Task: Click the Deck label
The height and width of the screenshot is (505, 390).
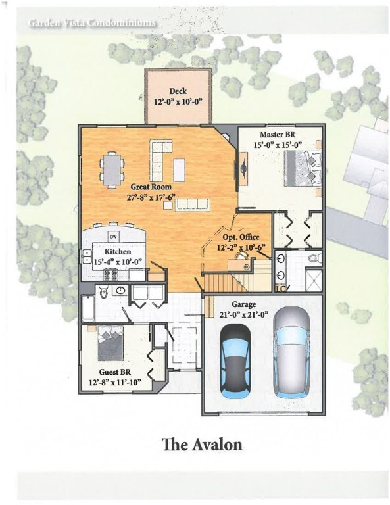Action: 178,91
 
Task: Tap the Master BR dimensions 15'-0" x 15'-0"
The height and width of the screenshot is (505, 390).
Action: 278,145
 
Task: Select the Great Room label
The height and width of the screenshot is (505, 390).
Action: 151,187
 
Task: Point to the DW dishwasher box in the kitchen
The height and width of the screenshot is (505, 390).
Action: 113,237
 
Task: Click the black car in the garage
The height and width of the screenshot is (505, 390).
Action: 235,362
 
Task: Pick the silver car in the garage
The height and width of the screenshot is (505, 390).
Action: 291,352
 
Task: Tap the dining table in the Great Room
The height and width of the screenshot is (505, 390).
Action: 112,170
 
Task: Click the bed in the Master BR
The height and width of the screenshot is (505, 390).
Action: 303,168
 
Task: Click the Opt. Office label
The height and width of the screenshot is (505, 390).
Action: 241,237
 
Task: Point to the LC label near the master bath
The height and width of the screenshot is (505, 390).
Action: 281,289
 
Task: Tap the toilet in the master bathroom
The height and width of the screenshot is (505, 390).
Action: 314,258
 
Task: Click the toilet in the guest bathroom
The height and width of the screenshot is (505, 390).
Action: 105,293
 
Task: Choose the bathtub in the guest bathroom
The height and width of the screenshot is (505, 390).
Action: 88,309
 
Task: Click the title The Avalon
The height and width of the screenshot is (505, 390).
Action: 203,445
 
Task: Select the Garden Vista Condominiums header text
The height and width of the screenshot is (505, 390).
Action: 92,23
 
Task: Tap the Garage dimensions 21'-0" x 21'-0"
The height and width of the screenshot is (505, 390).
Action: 244,314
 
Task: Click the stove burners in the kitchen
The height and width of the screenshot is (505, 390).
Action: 110,274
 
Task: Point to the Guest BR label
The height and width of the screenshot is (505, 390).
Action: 115,372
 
